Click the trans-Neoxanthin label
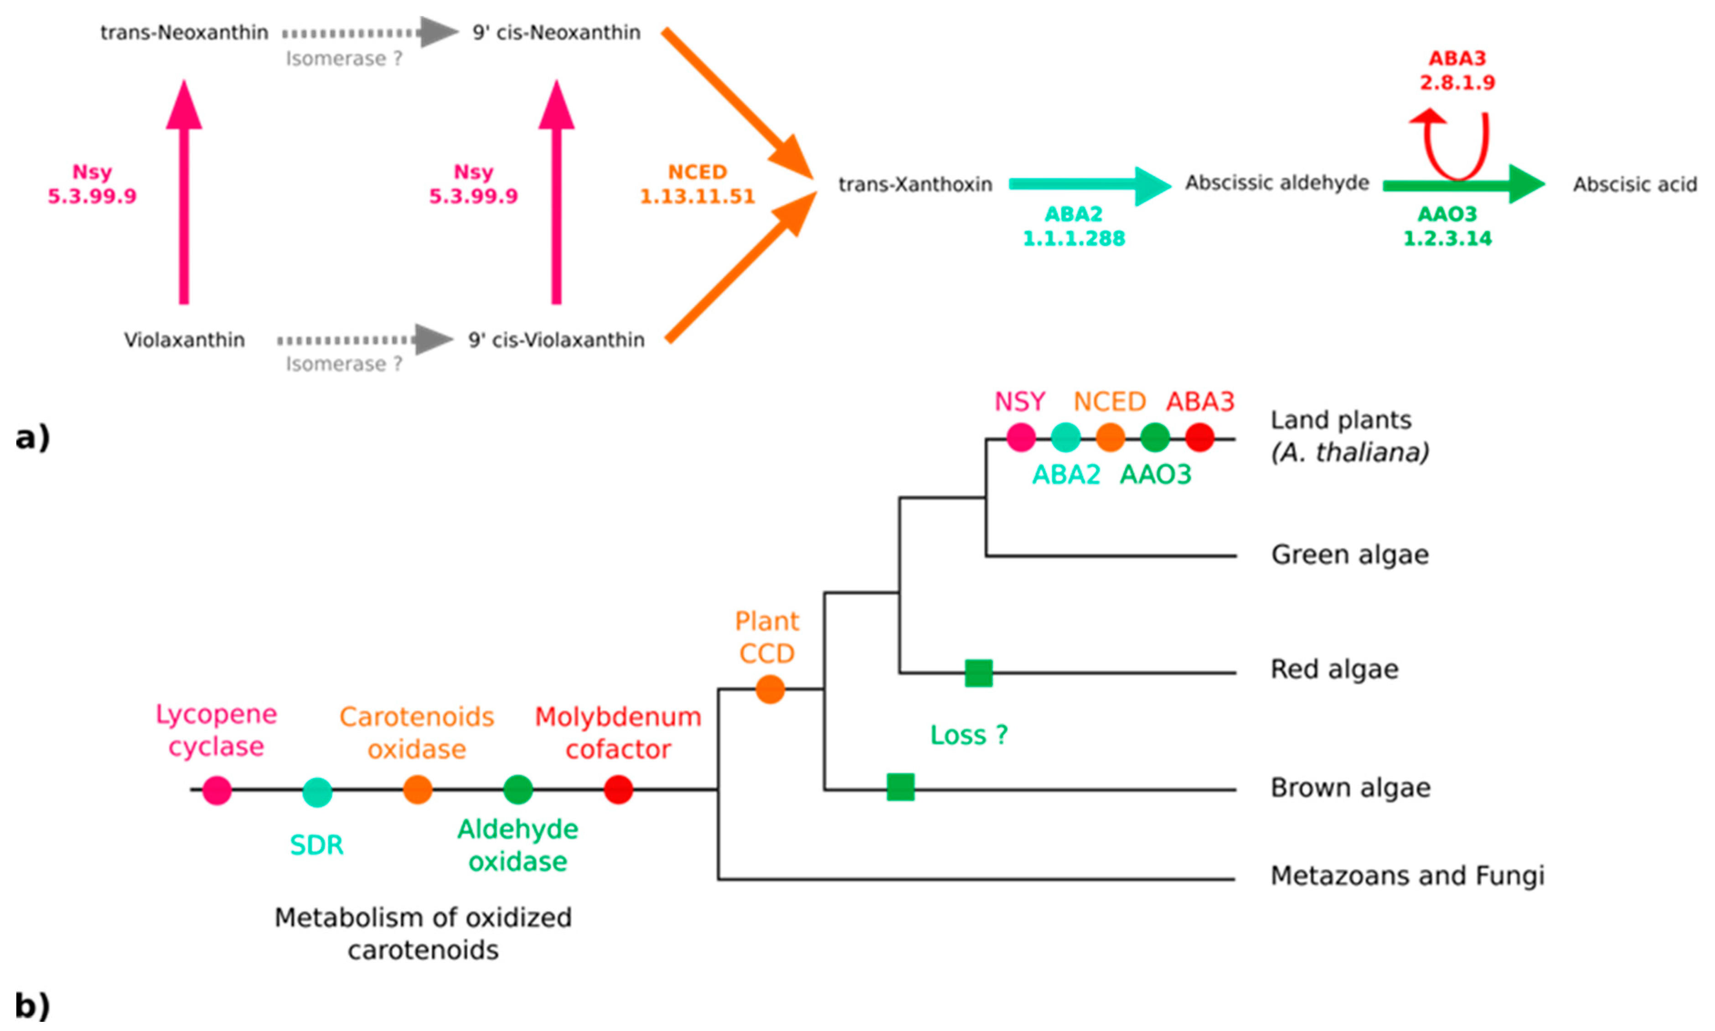coord(184,33)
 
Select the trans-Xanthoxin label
coord(915,184)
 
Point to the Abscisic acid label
coord(1634,184)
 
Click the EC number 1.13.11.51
coord(697,197)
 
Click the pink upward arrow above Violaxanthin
coord(184,195)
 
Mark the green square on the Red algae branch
coord(978,673)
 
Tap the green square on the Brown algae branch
coord(900,787)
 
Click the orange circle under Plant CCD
coord(770,689)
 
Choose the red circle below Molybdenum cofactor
coord(618,790)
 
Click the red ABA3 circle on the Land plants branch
coord(1199,438)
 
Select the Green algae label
coord(1349,554)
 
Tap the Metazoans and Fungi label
coord(1407,876)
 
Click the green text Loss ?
coord(969,735)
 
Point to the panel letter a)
coord(32,438)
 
